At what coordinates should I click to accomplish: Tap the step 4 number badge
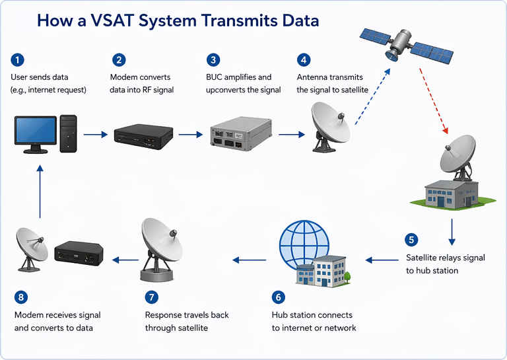click(304, 60)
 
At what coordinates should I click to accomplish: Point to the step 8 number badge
click(22, 297)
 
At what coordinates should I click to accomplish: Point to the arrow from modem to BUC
click(191, 134)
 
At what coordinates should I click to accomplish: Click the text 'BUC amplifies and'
click(238, 77)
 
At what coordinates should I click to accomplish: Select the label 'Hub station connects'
click(312, 314)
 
